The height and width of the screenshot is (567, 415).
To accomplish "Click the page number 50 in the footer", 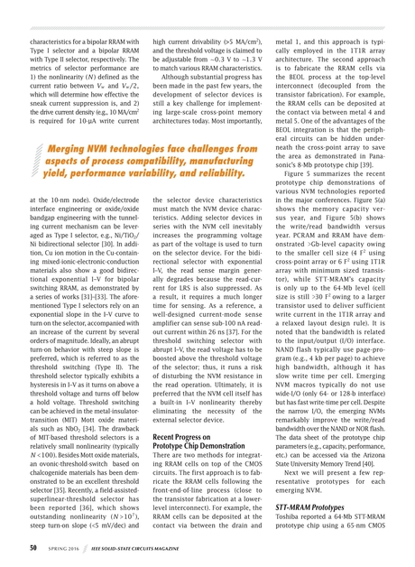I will (x=32, y=547).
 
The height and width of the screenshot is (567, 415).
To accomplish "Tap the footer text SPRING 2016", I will (x=70, y=547).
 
